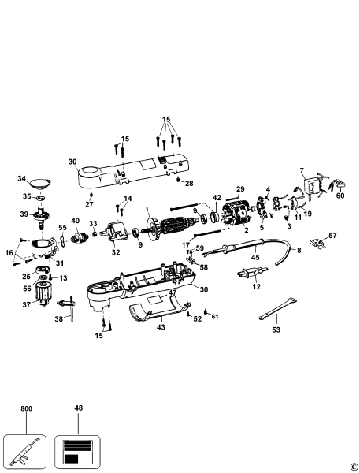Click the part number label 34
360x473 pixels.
click(x=21, y=179)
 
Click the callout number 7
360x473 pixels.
click(x=300, y=170)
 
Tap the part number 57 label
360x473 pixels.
click(x=332, y=236)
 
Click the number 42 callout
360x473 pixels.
click(x=216, y=197)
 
